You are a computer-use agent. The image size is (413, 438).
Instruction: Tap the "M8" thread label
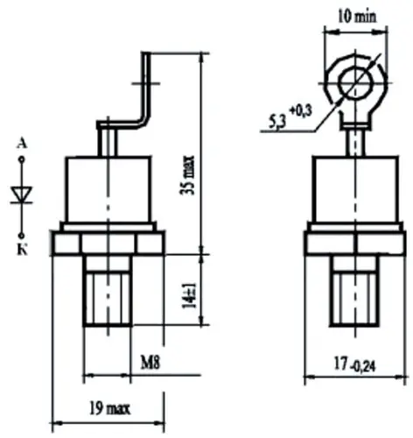click(150, 361)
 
